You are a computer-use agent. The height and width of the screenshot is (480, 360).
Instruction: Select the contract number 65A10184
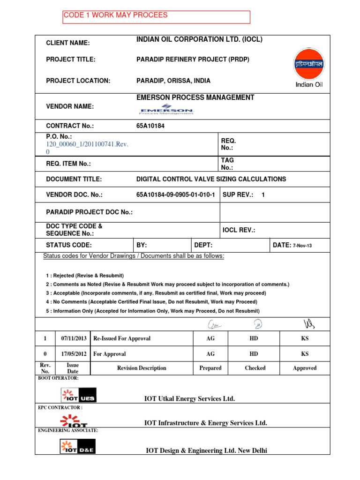(x=150, y=126)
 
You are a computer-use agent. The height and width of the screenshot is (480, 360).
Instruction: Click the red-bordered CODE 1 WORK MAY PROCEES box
(x=157, y=17)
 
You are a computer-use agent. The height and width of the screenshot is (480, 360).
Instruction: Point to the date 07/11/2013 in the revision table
(x=73, y=338)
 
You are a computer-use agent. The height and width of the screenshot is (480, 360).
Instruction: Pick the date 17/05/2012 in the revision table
(x=73, y=354)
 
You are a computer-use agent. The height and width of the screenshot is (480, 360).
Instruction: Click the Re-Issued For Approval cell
(x=122, y=338)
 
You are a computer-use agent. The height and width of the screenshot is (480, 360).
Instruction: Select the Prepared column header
(x=210, y=368)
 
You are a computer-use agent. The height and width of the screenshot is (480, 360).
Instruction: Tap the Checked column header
(x=255, y=368)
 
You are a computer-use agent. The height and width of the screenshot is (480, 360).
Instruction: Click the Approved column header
(x=305, y=368)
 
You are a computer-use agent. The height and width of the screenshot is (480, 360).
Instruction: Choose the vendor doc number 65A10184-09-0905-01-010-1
(x=176, y=195)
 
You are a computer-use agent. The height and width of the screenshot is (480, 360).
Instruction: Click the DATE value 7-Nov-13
(x=302, y=246)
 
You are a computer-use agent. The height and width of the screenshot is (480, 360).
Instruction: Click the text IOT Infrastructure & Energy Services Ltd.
(x=206, y=423)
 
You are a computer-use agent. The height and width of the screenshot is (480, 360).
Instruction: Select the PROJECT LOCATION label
(x=78, y=81)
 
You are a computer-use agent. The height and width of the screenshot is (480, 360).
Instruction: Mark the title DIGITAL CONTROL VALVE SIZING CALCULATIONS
(x=211, y=179)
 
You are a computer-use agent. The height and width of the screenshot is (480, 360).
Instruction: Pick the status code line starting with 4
(x=151, y=302)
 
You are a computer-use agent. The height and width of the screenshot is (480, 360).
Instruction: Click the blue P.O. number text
(x=87, y=149)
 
